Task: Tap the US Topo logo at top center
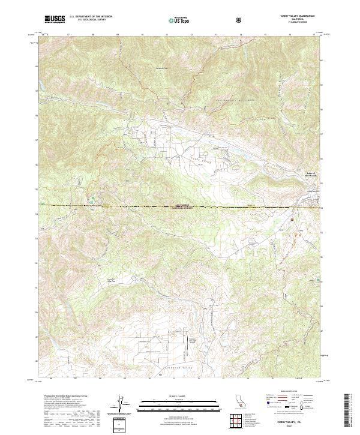pos(176,20)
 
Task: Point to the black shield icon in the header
pos(240,20)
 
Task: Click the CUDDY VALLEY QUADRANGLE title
pos(289,17)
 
